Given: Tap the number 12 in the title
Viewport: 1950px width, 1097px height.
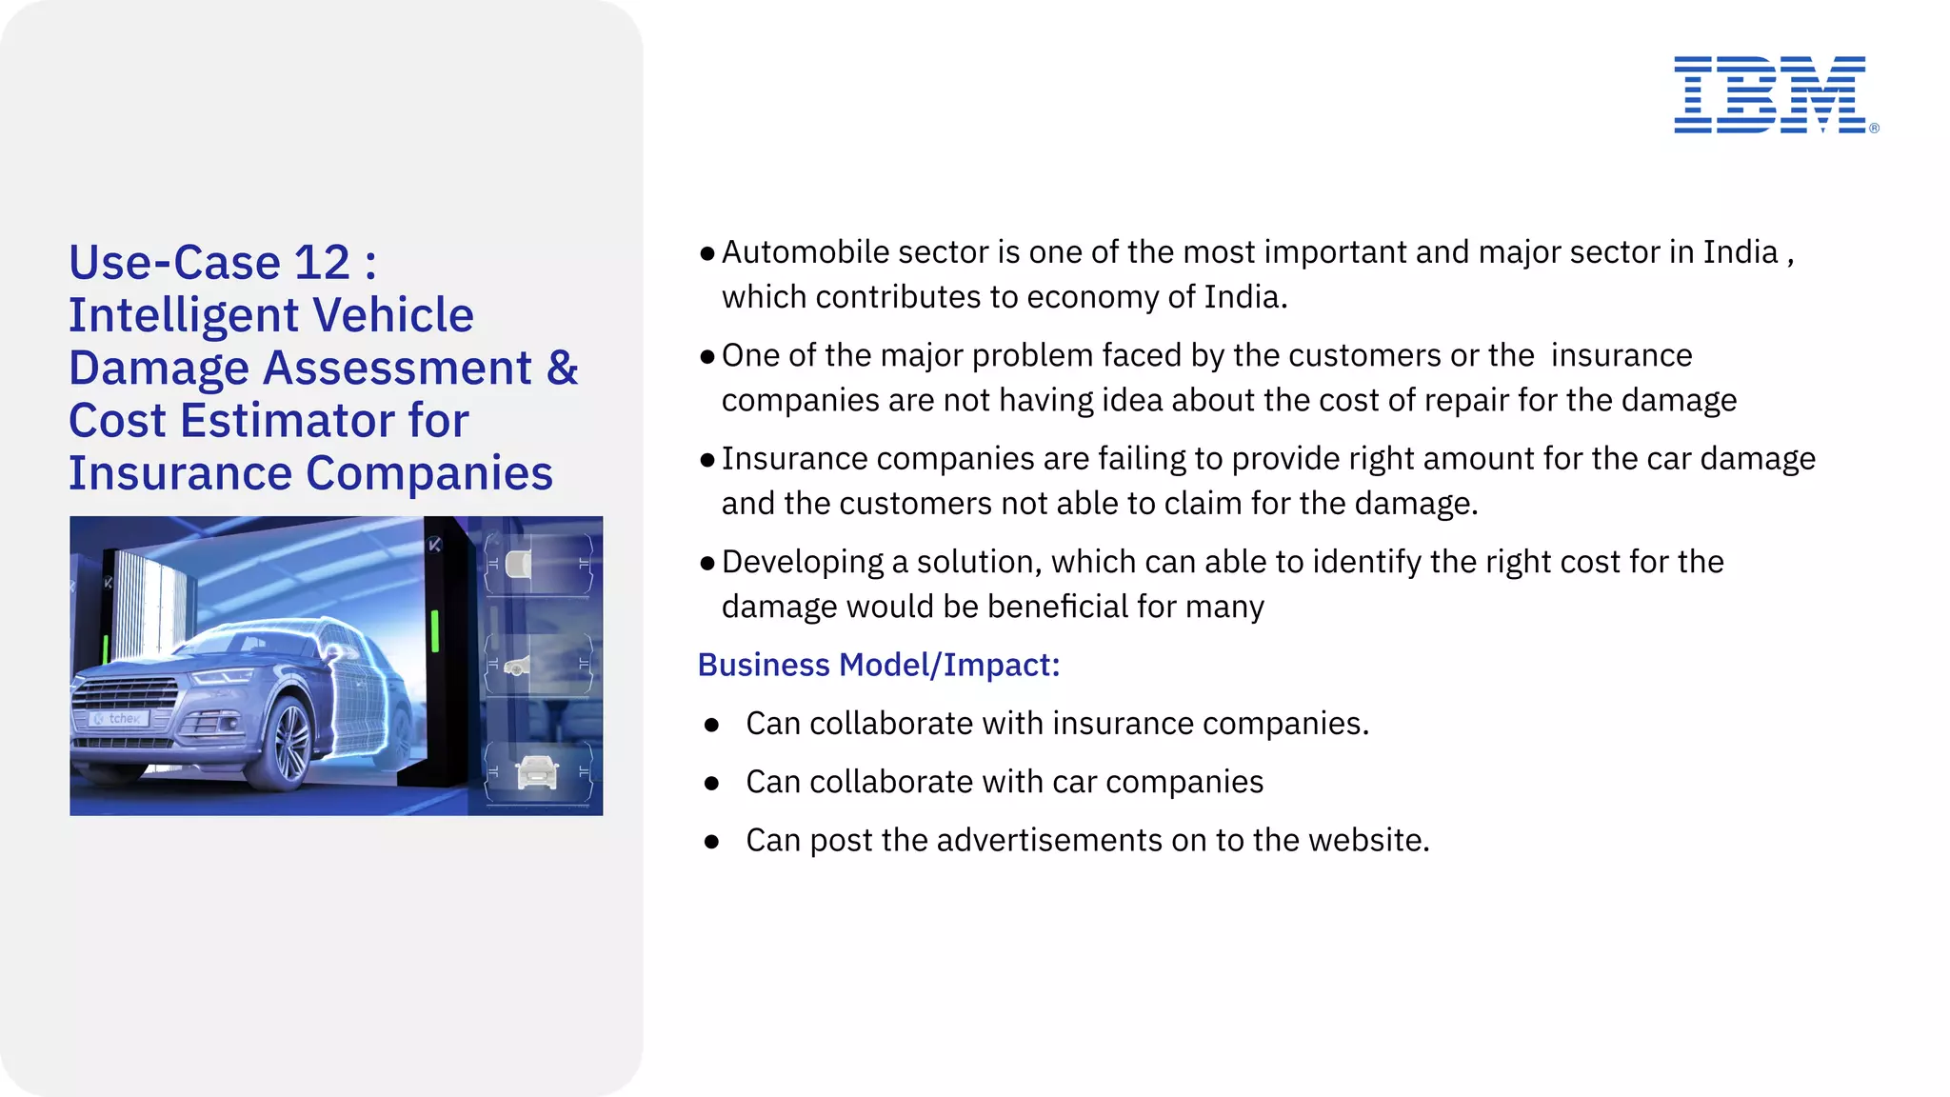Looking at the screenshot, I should (322, 263).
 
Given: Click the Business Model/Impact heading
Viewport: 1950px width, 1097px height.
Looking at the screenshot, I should (878, 665).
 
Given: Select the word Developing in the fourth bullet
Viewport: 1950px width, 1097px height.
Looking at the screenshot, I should (803, 562).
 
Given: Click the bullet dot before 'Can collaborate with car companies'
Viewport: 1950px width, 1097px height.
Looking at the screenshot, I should (711, 784).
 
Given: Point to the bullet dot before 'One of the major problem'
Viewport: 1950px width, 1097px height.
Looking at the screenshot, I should (706, 357).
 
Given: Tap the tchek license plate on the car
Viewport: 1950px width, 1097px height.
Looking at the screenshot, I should (119, 719).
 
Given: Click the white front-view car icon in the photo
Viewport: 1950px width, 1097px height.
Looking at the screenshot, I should (538, 771).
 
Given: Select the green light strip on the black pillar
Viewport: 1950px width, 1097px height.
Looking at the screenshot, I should (435, 631).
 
